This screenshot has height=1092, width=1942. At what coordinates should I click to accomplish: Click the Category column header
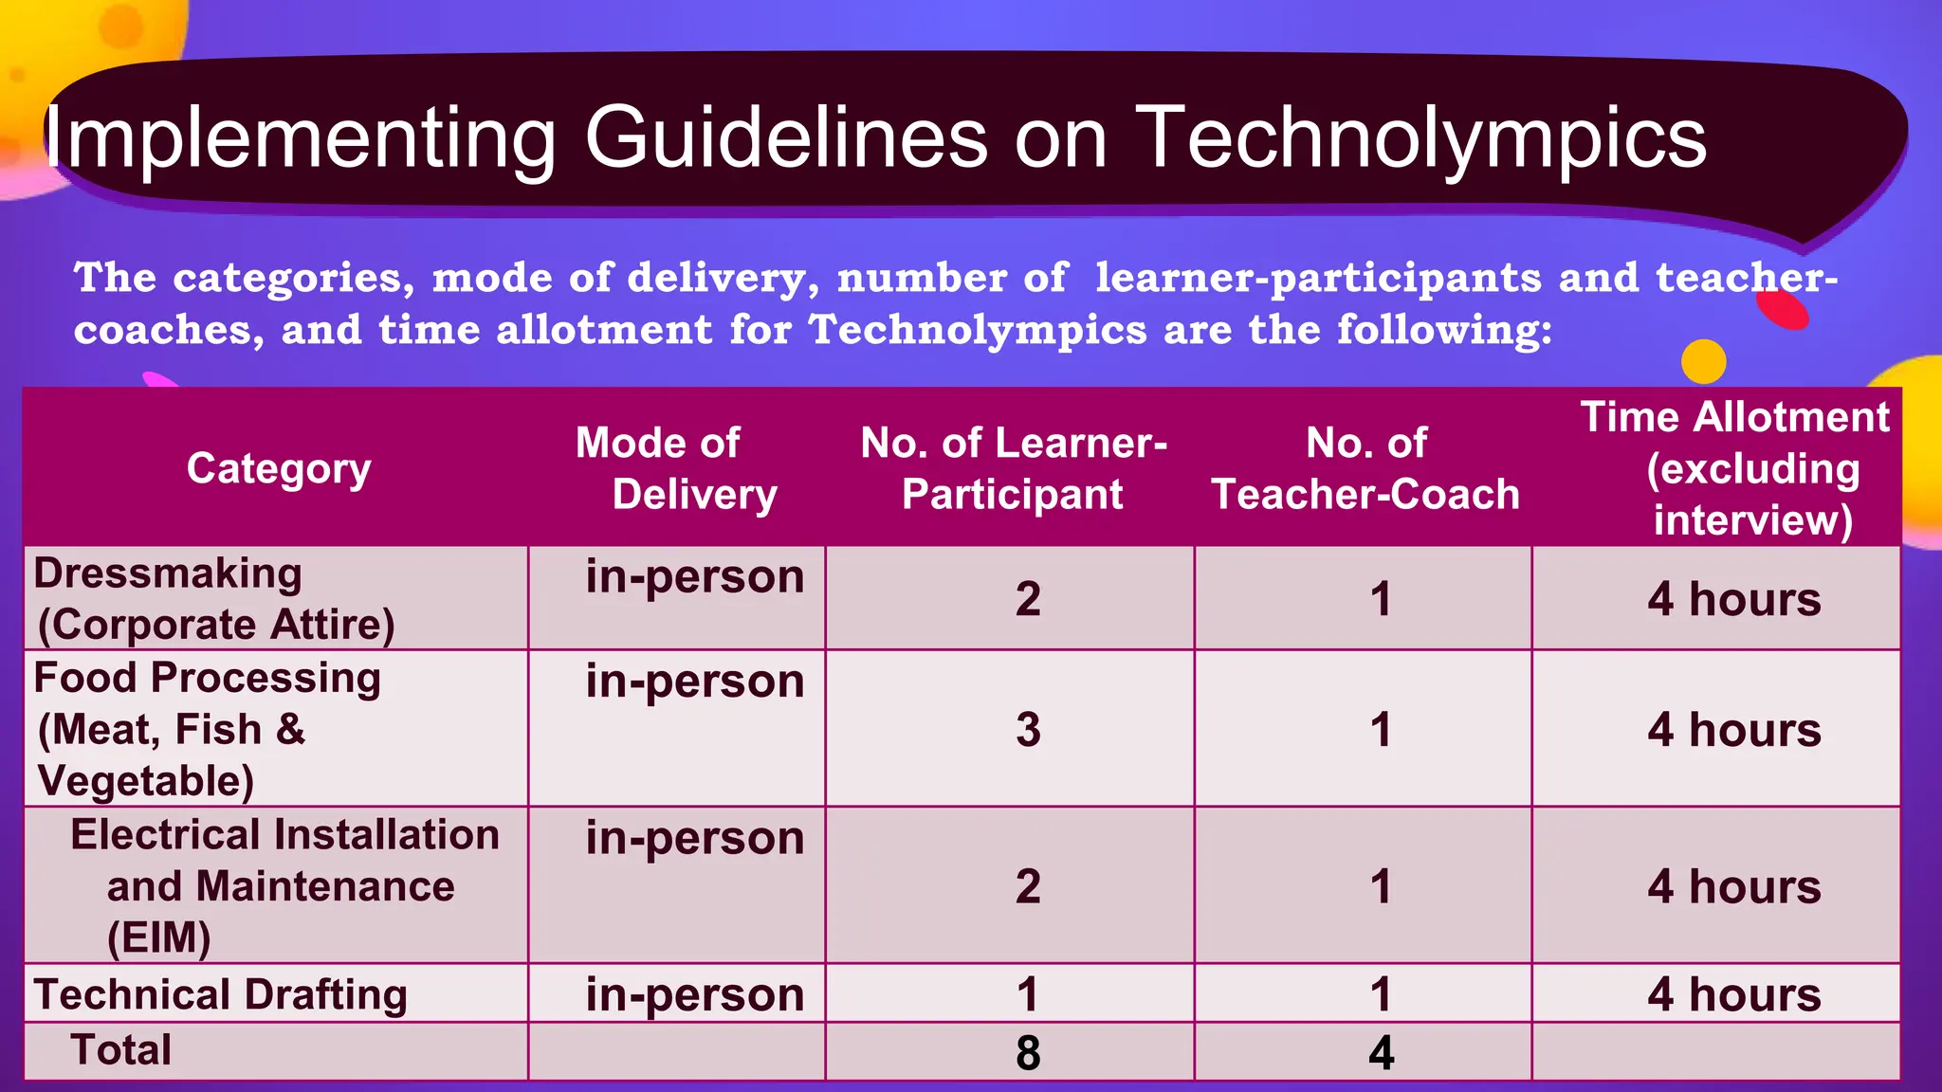click(279, 468)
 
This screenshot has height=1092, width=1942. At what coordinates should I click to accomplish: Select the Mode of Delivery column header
click(676, 468)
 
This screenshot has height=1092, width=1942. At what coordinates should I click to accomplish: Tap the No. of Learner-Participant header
click(1013, 468)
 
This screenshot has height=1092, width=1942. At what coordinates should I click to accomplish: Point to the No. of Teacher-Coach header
click(1365, 468)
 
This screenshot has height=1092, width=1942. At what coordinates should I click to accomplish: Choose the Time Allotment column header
click(1734, 468)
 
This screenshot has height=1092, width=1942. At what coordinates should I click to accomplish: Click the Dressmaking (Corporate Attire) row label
click(214, 599)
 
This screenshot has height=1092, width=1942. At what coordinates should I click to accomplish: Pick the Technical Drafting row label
click(220, 994)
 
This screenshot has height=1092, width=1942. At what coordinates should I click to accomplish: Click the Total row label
click(121, 1050)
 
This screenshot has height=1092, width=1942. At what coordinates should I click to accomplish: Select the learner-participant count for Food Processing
click(1028, 730)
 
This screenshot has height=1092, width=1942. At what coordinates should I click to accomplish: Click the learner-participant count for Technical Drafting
click(1028, 994)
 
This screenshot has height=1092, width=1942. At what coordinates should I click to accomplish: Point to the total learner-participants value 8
click(1028, 1052)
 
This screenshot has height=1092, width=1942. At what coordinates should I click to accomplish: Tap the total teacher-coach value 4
click(1381, 1052)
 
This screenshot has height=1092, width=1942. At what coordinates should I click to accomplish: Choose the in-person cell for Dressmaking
click(694, 576)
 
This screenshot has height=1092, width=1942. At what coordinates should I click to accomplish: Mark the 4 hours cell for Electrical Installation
click(1734, 887)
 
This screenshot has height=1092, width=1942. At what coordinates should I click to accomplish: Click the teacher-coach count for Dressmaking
click(1381, 599)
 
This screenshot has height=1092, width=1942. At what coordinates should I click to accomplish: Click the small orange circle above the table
click(1703, 362)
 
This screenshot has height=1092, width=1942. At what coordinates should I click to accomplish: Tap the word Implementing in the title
click(300, 139)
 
